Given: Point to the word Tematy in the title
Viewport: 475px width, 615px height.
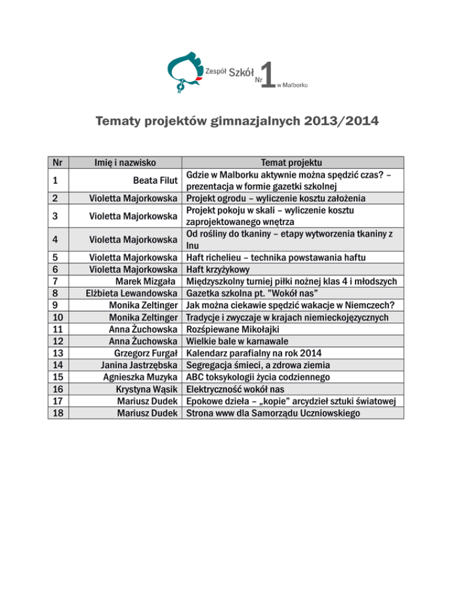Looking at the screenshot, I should click(x=120, y=121).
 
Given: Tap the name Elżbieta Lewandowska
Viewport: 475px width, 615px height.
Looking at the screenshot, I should click(x=132, y=293).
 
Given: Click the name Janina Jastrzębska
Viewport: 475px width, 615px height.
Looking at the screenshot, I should click(x=140, y=364).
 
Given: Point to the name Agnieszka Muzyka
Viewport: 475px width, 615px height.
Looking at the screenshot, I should click(x=141, y=376).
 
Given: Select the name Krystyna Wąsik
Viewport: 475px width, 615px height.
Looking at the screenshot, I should click(x=148, y=389).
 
